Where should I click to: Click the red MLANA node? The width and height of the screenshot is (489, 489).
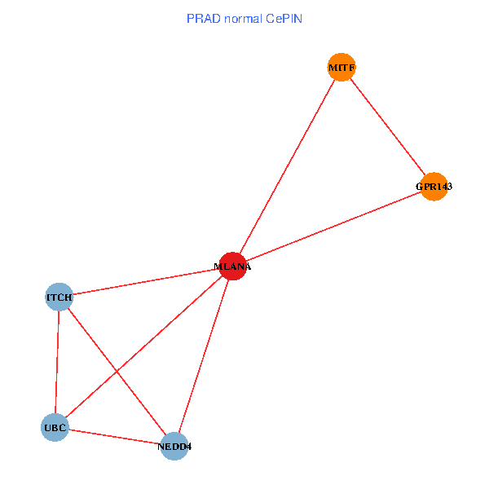232,266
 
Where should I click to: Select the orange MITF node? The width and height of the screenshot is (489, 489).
341,67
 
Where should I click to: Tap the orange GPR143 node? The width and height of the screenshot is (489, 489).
434,187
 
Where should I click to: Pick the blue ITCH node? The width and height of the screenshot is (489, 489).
59,297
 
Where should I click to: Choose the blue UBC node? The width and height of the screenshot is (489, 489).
55,427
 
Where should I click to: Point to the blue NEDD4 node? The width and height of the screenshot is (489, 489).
174,446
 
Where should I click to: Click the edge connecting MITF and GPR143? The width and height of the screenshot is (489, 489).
387,126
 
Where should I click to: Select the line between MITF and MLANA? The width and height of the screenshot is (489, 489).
287,166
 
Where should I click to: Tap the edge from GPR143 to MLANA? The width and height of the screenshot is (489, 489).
333,227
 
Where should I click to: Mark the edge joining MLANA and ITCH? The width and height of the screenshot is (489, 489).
145,282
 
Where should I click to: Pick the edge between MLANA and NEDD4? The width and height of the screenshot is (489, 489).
203,356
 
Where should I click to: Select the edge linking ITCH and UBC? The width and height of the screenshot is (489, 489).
57,363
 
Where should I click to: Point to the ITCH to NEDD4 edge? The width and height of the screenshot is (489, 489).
90,337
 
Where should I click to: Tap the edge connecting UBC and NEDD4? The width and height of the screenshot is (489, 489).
114,436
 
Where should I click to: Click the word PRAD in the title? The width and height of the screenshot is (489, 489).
200,18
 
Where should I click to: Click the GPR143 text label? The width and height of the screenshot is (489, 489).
434,187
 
